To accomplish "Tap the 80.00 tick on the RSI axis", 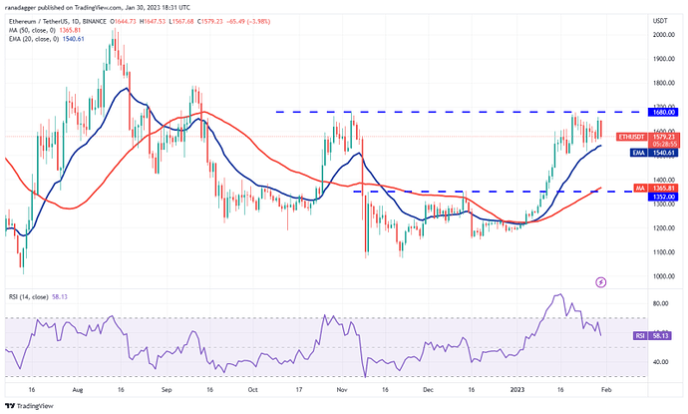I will tap(657, 303).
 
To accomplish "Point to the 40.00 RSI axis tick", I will tap(657, 362).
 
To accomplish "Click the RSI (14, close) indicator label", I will tap(35, 297).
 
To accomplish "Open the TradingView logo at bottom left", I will tap(31, 405).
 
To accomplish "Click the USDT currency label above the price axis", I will tap(659, 20).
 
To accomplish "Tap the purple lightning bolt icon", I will tap(600, 282).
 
